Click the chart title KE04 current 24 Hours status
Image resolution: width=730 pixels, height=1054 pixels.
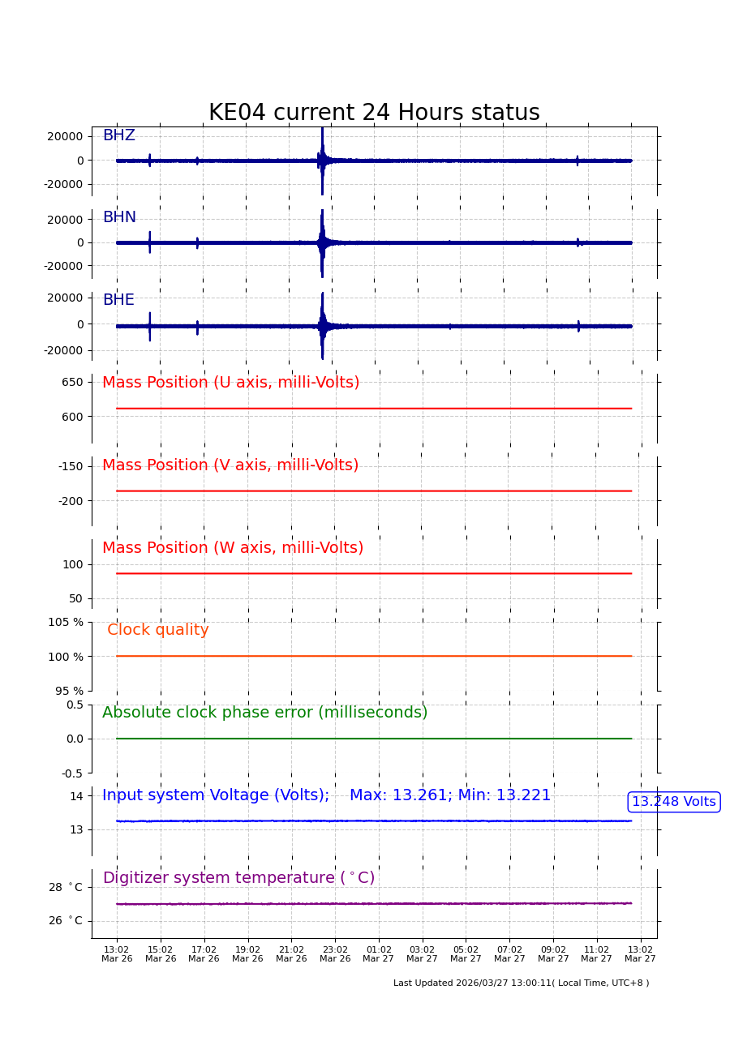tap(374, 114)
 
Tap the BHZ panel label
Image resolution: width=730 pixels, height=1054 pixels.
tap(118, 136)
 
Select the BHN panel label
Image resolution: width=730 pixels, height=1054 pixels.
tap(119, 218)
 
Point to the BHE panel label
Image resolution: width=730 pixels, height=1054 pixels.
tap(118, 301)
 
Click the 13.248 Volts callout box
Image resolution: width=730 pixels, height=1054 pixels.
tap(673, 802)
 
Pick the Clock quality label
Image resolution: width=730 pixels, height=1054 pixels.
tap(158, 630)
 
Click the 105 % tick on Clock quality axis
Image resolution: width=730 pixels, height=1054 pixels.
tap(66, 622)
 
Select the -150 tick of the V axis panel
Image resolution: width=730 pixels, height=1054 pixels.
tap(71, 466)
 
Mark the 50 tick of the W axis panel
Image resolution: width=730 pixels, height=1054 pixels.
tap(75, 598)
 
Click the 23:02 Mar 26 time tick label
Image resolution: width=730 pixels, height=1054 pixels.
tap(335, 954)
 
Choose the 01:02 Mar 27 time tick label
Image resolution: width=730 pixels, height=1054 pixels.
tap(379, 954)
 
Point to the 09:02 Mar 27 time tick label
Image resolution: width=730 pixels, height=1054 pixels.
tap(553, 954)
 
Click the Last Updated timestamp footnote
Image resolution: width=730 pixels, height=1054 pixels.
tap(521, 983)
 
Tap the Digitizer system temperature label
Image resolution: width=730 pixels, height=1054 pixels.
tap(238, 878)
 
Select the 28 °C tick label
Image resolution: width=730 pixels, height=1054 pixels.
tap(66, 887)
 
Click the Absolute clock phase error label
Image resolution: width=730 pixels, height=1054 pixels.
tap(264, 713)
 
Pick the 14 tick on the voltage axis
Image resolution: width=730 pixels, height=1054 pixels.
tap(76, 796)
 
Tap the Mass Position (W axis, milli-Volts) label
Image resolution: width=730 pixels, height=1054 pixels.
tap(233, 548)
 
